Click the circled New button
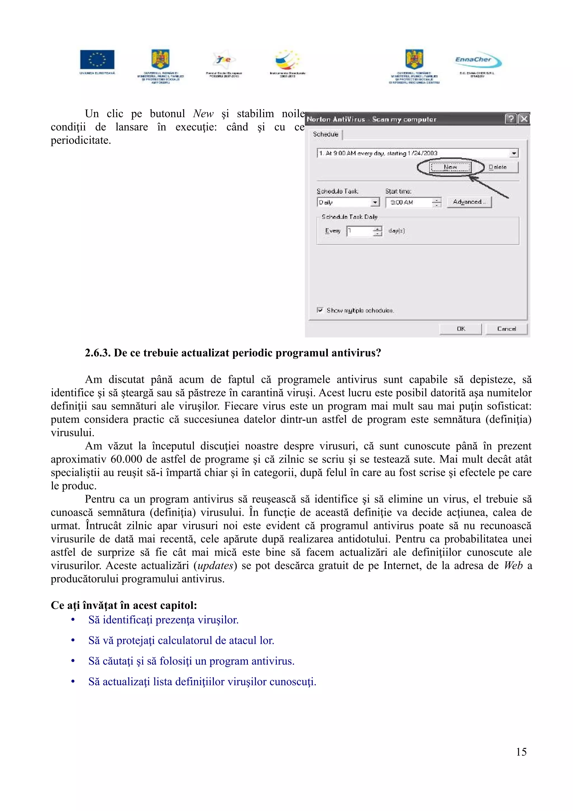click(450, 167)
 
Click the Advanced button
click(469, 202)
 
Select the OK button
click(460, 329)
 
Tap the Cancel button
click(506, 329)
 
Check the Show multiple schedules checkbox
click(320, 310)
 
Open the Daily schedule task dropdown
click(375, 202)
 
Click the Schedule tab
click(325, 134)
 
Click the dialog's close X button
click(524, 119)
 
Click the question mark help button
click(511, 119)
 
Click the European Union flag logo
click(97, 59)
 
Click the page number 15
click(521, 752)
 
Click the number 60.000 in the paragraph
click(126, 459)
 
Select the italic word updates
click(215, 566)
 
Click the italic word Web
click(513, 566)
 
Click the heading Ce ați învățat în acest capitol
click(124, 605)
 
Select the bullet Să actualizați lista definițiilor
click(202, 681)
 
